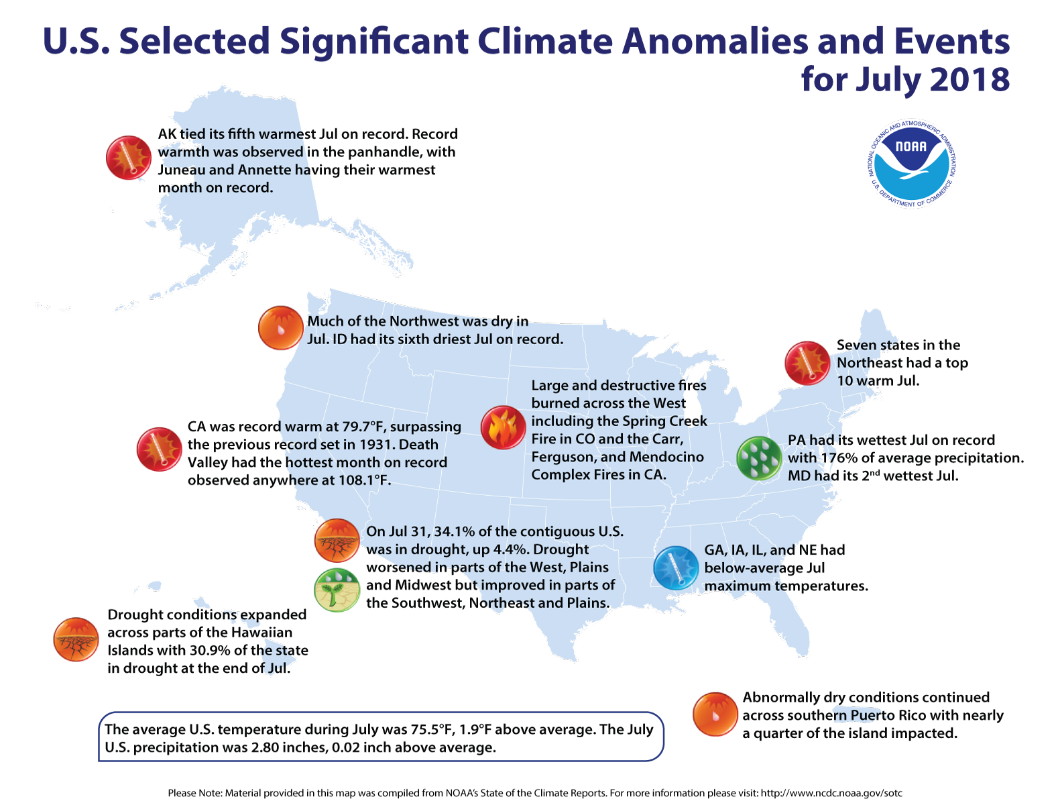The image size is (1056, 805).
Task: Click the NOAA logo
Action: coord(912,164)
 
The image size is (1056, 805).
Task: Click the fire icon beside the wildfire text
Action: coord(503,427)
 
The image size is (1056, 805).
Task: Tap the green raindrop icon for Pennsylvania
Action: coord(759,458)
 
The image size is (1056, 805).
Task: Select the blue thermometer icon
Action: coord(676,568)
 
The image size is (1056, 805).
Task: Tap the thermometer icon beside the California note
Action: coord(160,449)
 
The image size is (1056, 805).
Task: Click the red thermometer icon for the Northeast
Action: coord(808,363)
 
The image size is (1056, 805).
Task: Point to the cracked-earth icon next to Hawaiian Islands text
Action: coord(76,639)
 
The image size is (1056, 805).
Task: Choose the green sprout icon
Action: coord(337,590)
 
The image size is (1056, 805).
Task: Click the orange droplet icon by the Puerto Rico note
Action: coord(715,714)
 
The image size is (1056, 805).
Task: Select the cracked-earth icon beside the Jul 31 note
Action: coord(337,540)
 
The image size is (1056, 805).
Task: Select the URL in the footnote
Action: coord(831,793)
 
